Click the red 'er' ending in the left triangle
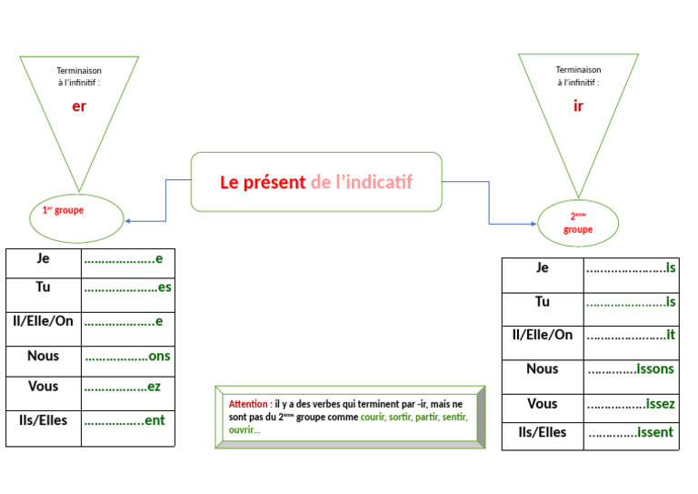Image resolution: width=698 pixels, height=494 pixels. pyautogui.click(x=79, y=106)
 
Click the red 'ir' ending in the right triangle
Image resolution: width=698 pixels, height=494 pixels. pyautogui.click(x=578, y=106)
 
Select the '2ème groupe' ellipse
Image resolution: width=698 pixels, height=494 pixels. pyautogui.click(x=578, y=223)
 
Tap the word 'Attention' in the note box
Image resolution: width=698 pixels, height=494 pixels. pyautogui.click(x=248, y=404)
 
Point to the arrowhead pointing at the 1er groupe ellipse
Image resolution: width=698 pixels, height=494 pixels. pyautogui.click(x=128, y=221)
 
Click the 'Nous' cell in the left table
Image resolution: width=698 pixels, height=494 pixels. pyautogui.click(x=43, y=356)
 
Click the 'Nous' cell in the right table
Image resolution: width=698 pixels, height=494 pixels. pyautogui.click(x=542, y=368)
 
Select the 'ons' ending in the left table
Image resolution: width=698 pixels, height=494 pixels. pyautogui.click(x=159, y=357)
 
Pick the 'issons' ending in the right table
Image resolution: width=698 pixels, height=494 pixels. pyautogui.click(x=654, y=369)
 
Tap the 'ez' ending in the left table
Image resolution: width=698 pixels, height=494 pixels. pyautogui.click(x=154, y=387)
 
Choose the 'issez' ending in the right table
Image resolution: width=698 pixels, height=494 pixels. pyautogui.click(x=660, y=404)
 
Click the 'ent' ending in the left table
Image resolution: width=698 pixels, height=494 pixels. pyautogui.click(x=155, y=421)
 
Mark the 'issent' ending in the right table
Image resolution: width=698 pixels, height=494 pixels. pyautogui.click(x=654, y=433)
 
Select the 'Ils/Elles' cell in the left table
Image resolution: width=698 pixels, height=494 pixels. pyautogui.click(x=43, y=420)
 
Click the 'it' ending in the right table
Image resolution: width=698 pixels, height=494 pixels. pyautogui.click(x=671, y=336)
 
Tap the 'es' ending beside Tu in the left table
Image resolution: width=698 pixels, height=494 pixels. pyautogui.click(x=165, y=287)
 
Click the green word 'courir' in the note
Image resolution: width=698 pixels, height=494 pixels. pyautogui.click(x=372, y=418)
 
